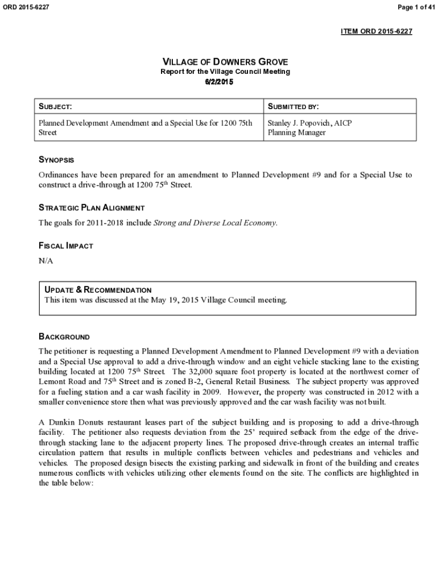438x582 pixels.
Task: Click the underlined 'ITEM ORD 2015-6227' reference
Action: (x=376, y=31)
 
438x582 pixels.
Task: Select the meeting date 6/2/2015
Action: (x=219, y=82)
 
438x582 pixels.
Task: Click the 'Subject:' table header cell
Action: (x=55, y=106)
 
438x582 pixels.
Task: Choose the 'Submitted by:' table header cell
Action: (x=293, y=106)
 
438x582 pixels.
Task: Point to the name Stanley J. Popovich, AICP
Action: (x=309, y=123)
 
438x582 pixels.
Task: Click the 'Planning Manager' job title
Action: (x=296, y=132)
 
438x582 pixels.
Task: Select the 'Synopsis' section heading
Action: (x=56, y=160)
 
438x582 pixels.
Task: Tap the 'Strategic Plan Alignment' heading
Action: (x=91, y=208)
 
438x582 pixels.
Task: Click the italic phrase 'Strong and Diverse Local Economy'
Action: (x=215, y=223)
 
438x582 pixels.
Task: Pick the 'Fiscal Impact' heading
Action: (x=65, y=246)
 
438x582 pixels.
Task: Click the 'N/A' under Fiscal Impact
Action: (x=46, y=260)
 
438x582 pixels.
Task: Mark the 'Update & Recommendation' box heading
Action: (x=98, y=290)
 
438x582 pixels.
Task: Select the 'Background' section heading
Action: (x=64, y=336)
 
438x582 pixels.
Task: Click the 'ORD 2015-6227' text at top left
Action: (x=26, y=6)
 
